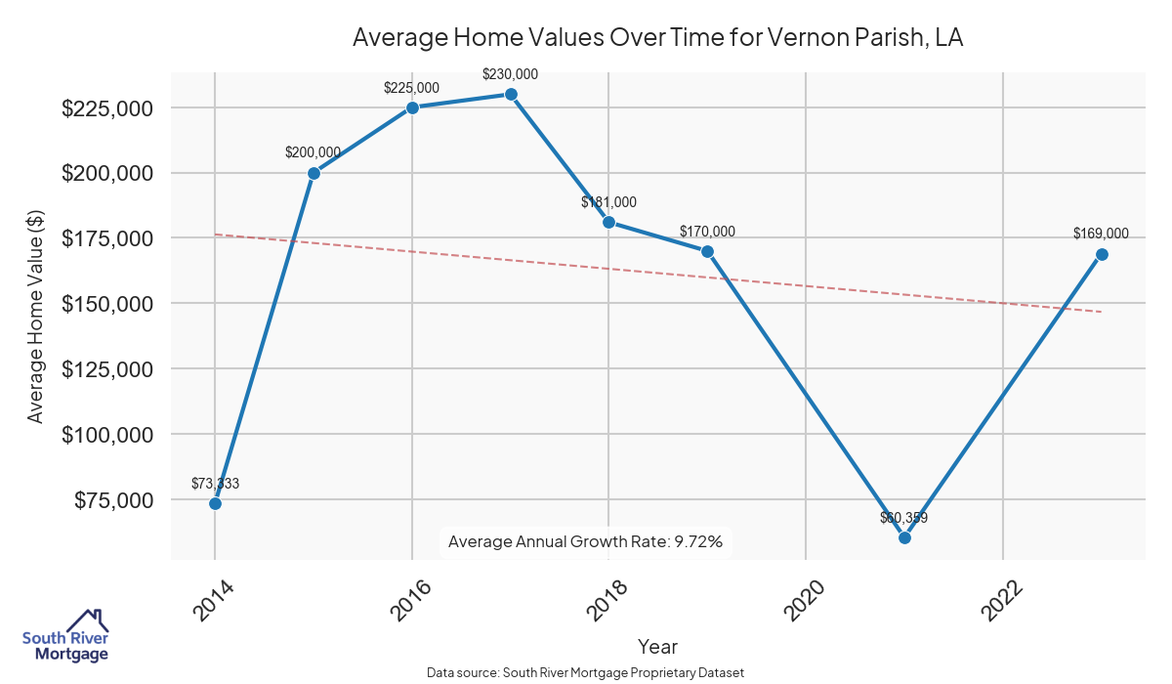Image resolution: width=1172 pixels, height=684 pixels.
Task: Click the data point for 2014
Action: [215, 503]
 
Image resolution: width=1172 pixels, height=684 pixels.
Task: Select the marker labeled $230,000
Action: [511, 94]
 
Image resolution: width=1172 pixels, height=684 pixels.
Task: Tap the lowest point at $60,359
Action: [904, 537]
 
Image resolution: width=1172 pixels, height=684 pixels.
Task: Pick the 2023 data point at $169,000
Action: [1102, 254]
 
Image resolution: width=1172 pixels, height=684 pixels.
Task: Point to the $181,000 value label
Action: [608, 202]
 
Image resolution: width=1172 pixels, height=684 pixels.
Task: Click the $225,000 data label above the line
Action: [411, 88]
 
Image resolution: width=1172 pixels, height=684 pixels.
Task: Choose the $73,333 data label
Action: [215, 484]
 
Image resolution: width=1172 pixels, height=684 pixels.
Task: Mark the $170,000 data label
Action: [707, 232]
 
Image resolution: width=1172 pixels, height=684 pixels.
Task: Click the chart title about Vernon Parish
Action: [658, 37]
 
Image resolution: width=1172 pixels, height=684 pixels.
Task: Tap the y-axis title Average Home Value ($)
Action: [36, 317]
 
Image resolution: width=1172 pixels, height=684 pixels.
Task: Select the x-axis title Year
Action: [657, 647]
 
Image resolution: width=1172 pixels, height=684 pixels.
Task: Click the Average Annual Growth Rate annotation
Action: [585, 541]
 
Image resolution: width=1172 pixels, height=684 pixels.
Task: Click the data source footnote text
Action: [585, 673]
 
